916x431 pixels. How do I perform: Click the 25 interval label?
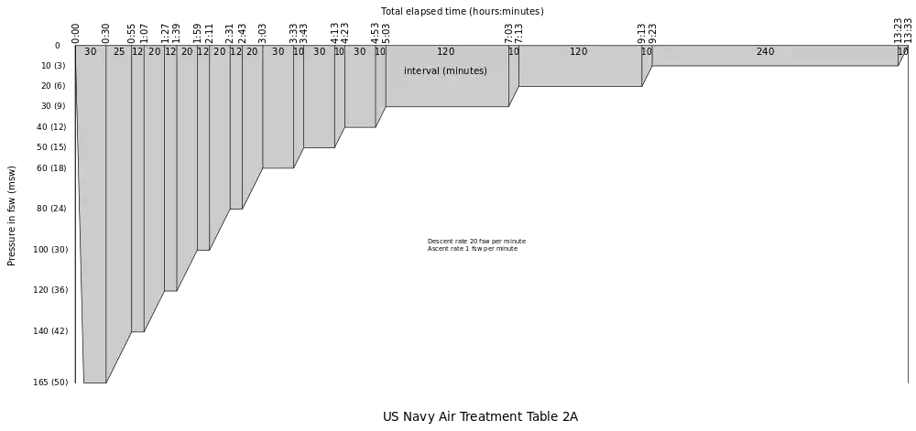point(119,52)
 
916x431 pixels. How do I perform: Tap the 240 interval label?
point(765,52)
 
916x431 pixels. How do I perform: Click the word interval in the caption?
point(421,71)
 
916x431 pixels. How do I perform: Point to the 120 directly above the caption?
point(445,52)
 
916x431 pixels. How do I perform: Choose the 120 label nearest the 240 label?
point(579,52)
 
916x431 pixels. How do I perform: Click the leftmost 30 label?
point(90,52)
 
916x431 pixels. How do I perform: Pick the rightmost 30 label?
point(359,52)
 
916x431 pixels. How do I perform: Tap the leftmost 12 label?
point(137,52)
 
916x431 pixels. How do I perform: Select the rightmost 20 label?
point(252,52)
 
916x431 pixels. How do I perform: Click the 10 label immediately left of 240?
point(647,52)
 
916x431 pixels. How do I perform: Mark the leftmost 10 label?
point(299,52)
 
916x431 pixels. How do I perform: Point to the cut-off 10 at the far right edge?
point(903,52)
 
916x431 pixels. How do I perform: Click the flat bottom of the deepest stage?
point(94,383)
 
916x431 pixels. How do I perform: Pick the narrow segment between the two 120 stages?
point(514,73)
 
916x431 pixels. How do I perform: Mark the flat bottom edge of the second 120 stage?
point(580,87)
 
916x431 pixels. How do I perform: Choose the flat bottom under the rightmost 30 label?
point(359,127)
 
